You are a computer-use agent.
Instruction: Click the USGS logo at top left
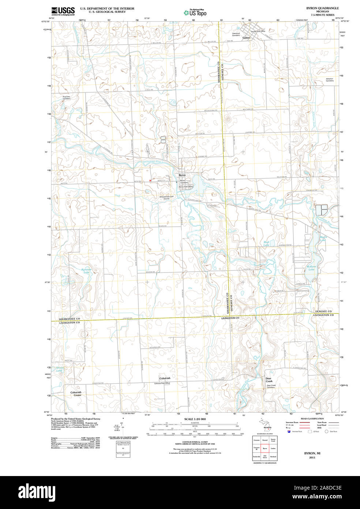coord(63,11)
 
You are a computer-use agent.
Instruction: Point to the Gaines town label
coord(246,38)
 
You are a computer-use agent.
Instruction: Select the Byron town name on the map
coord(182,175)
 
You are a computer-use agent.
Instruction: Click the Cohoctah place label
coord(165,378)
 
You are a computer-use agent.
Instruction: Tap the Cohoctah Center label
coord(76,394)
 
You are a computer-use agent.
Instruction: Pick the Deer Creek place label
coord(269,379)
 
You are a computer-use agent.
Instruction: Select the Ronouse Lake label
coord(85,271)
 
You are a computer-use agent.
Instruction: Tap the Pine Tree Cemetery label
coord(66,98)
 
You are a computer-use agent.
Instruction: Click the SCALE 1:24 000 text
coord(195,419)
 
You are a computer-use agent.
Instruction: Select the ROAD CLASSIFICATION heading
coord(312,419)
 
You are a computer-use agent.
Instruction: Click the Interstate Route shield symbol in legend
coord(289,431)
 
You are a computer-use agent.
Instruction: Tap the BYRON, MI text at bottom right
coord(312,453)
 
